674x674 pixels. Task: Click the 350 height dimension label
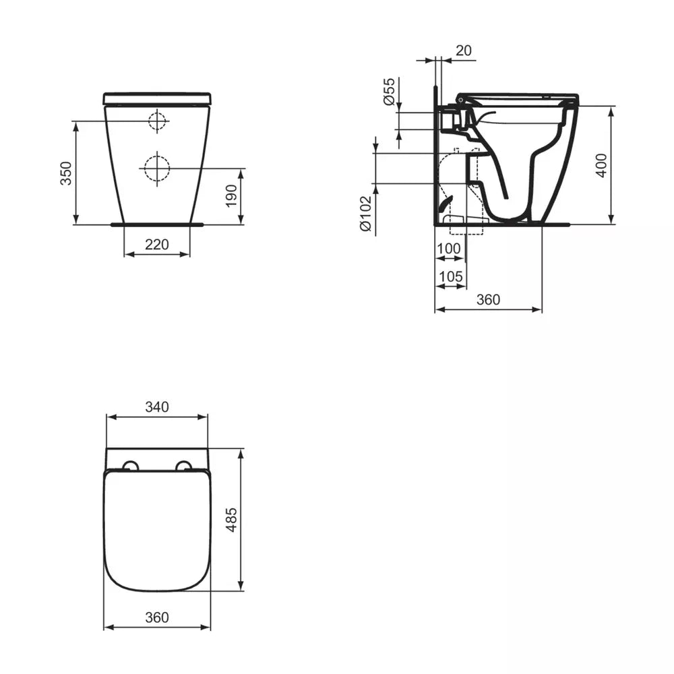(x=66, y=173)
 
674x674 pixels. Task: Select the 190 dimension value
(x=231, y=195)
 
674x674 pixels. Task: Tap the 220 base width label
(x=157, y=244)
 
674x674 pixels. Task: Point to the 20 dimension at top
(x=464, y=51)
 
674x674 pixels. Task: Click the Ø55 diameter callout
(x=388, y=91)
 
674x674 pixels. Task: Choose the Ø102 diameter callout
(x=365, y=214)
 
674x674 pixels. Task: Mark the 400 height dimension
(x=601, y=165)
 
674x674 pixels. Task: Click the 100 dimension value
(x=449, y=249)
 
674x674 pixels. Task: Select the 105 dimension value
(x=450, y=276)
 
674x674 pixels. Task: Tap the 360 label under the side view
(x=488, y=299)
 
